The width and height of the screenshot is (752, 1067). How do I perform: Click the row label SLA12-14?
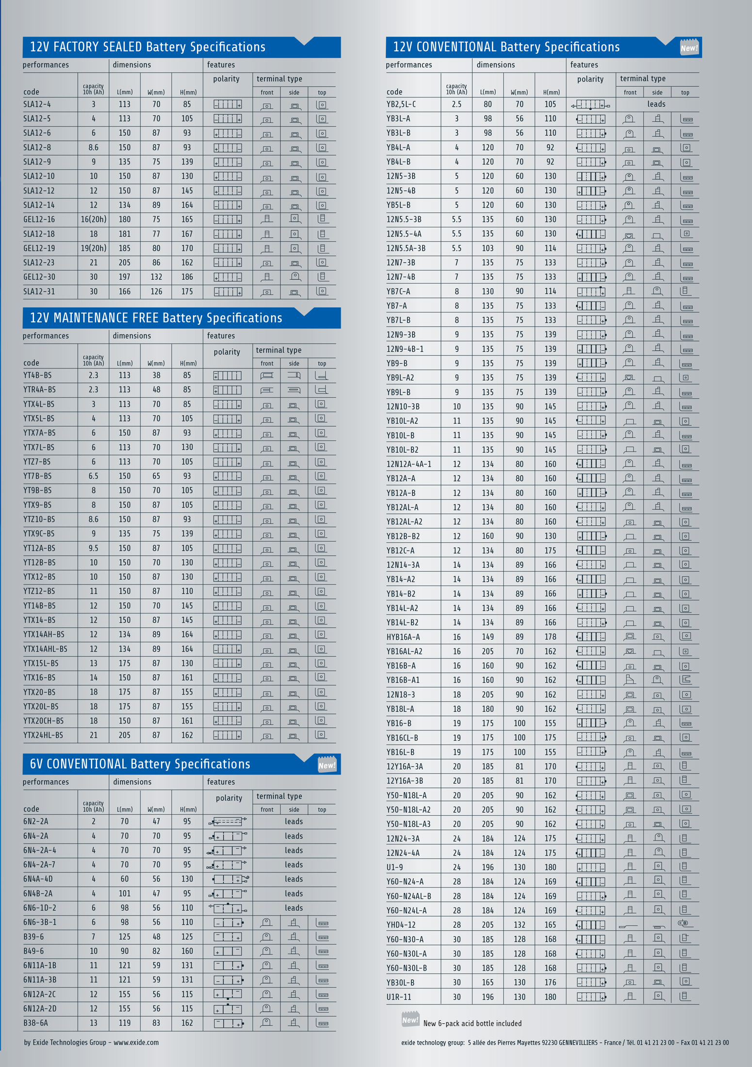tap(39, 205)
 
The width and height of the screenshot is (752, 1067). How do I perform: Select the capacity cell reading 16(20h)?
tap(94, 220)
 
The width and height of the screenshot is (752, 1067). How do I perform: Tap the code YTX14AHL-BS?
tap(45, 649)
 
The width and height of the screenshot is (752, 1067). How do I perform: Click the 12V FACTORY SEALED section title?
tap(147, 47)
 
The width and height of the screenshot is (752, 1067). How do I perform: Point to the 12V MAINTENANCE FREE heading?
tap(156, 318)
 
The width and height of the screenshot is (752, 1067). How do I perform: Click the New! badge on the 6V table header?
tap(327, 765)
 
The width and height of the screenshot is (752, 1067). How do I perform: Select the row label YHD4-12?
tap(401, 925)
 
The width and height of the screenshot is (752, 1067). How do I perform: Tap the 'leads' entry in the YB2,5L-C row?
tap(656, 104)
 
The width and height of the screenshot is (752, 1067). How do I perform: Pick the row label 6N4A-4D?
tap(38, 879)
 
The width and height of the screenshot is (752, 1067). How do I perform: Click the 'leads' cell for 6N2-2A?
tap(294, 822)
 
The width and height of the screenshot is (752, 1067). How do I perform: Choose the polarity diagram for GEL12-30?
tap(228, 277)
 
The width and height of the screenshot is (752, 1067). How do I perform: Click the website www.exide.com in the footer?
tap(136, 1042)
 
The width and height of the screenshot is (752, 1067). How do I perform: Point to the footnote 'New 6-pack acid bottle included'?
tap(472, 1023)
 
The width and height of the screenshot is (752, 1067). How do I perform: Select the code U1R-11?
tap(399, 997)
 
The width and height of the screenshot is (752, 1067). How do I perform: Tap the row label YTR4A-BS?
tap(39, 390)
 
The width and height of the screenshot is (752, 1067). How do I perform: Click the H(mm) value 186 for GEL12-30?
tap(187, 277)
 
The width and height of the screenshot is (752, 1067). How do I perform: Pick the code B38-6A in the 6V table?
tap(35, 1023)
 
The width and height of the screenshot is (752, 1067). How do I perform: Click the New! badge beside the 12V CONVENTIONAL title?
tap(689, 48)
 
